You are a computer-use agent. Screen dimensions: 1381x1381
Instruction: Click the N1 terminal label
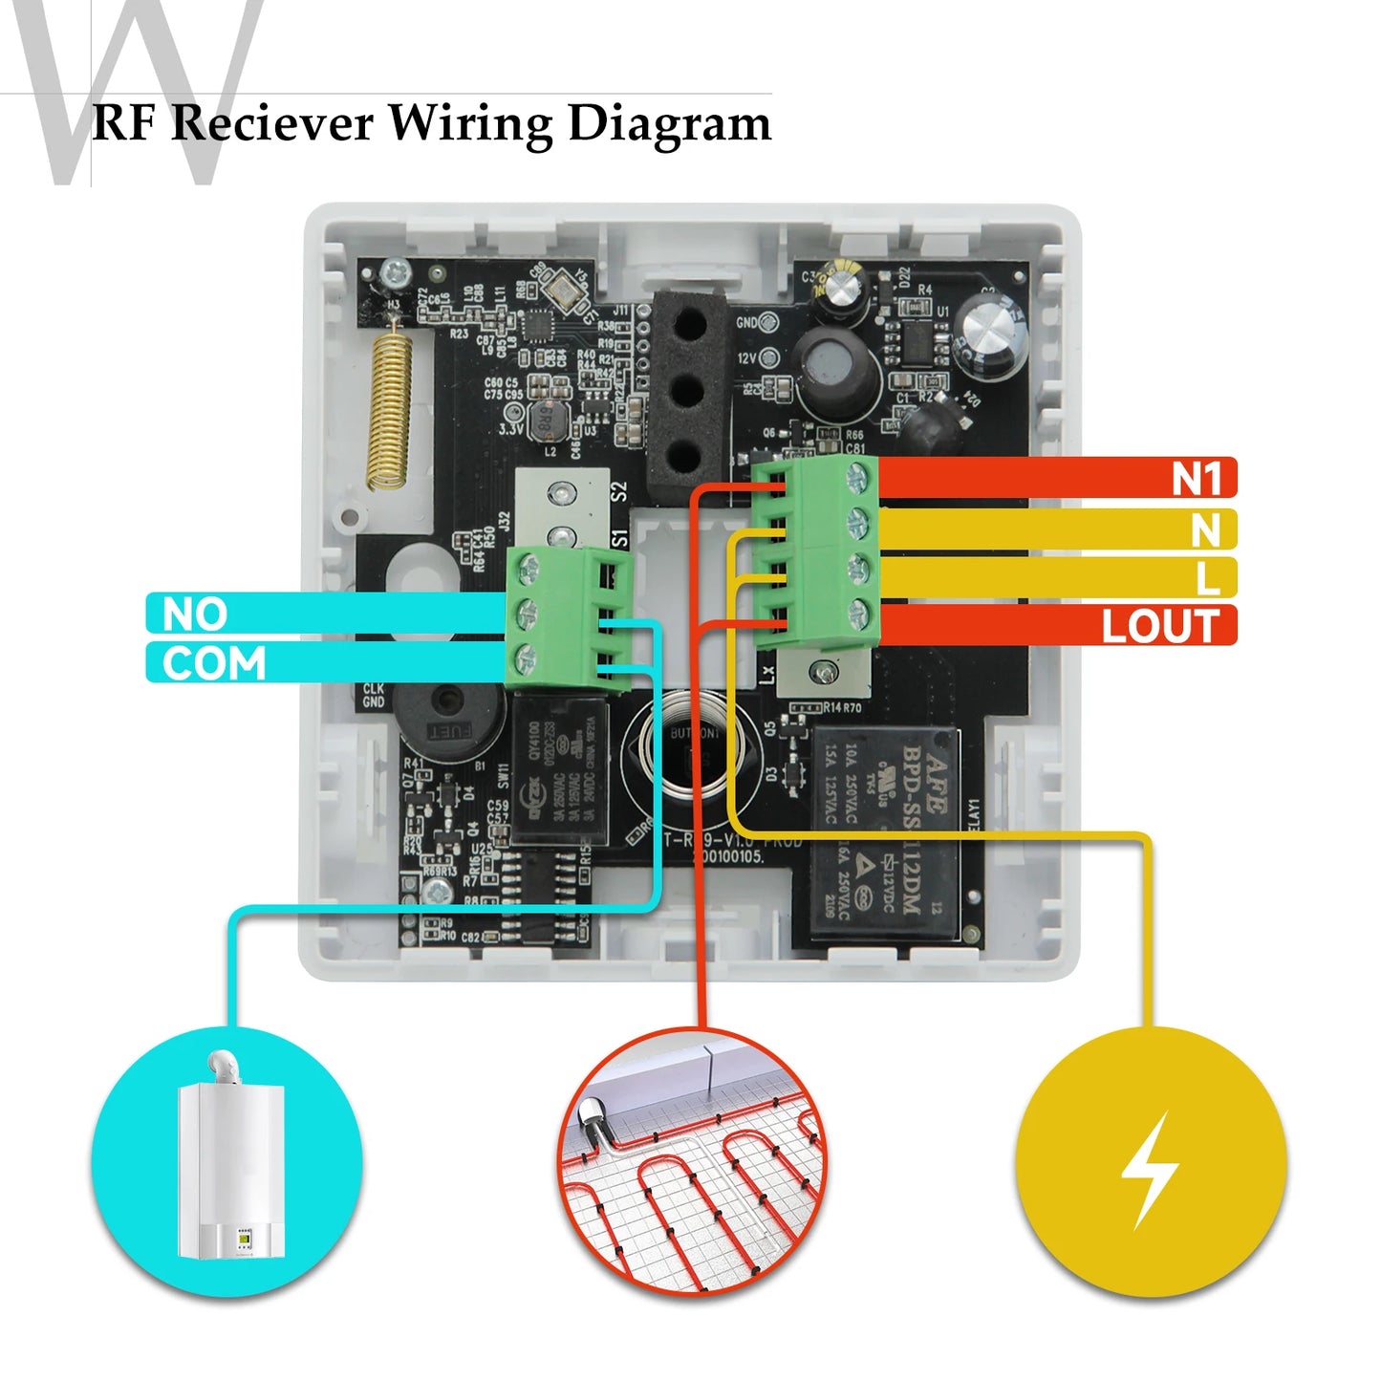tap(1197, 479)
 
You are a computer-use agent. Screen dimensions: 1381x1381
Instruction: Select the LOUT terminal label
tap(1159, 627)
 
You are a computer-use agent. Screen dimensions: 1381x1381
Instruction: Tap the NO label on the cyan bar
tap(195, 615)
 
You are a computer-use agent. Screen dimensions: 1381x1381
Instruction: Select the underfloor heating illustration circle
tap(693, 1161)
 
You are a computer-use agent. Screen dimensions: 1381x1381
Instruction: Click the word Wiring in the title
tap(470, 124)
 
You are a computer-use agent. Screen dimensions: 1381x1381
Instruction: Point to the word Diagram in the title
tap(669, 124)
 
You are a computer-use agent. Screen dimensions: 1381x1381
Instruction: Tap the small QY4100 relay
tap(559, 770)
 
